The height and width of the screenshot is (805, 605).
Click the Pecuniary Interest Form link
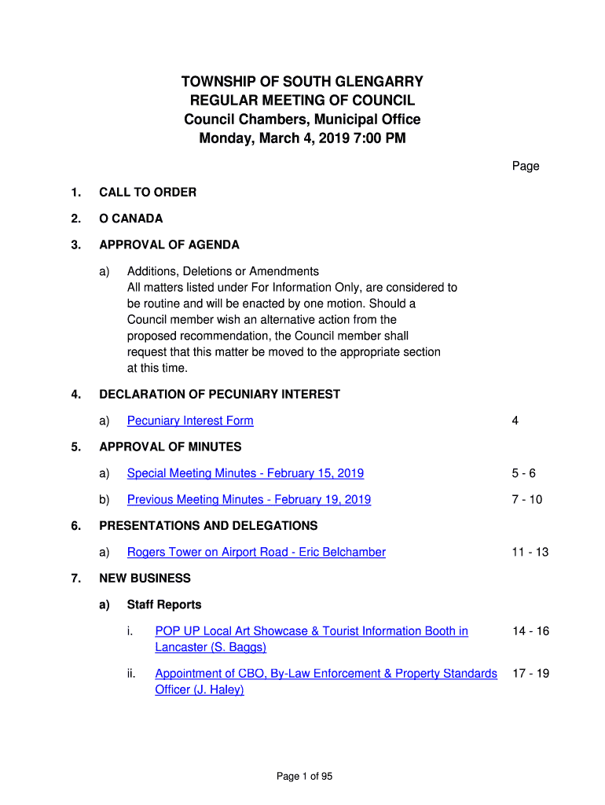click(190, 421)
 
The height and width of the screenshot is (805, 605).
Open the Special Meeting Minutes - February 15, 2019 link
click(245, 473)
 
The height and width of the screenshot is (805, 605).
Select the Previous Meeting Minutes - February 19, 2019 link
click(248, 499)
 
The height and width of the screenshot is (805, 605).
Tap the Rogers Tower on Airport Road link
click(256, 552)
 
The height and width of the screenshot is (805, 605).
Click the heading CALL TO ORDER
click(148, 192)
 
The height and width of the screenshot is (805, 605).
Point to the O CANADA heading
click(131, 219)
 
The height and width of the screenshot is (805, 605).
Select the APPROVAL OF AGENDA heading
click(169, 244)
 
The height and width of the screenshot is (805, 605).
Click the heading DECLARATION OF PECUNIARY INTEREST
click(219, 394)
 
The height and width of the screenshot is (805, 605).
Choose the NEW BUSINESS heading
click(145, 578)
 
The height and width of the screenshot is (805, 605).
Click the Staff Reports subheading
click(163, 605)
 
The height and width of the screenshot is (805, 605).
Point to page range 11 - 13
click(530, 552)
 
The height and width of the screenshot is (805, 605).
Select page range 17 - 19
click(530, 674)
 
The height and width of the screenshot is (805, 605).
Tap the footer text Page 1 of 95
click(304, 777)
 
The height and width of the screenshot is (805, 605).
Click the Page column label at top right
click(526, 166)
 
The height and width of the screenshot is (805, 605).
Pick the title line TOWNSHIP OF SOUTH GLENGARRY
click(302, 82)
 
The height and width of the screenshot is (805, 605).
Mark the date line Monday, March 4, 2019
click(302, 139)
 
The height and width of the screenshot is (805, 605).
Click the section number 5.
click(75, 447)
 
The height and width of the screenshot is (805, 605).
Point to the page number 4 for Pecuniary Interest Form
click(515, 421)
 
